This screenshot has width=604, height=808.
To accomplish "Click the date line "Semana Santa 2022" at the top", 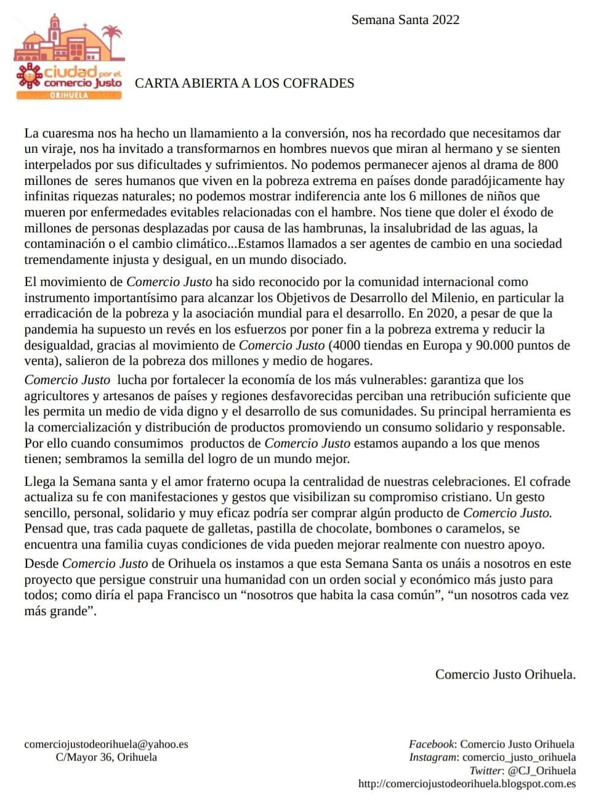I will [x=405, y=20].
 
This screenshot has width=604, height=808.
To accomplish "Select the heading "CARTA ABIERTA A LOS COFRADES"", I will [x=244, y=83].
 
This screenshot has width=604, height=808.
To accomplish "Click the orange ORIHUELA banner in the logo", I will [x=68, y=95].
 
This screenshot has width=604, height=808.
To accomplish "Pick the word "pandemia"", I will [x=50, y=330].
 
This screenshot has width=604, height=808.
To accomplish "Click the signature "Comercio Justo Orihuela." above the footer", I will [x=505, y=674].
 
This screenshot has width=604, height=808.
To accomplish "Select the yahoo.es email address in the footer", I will [x=106, y=744].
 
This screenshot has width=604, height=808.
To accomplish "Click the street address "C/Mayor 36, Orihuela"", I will [x=106, y=757].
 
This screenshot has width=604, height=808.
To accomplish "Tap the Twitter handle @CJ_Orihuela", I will [x=541, y=770].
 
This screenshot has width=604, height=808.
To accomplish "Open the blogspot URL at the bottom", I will [x=467, y=784].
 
